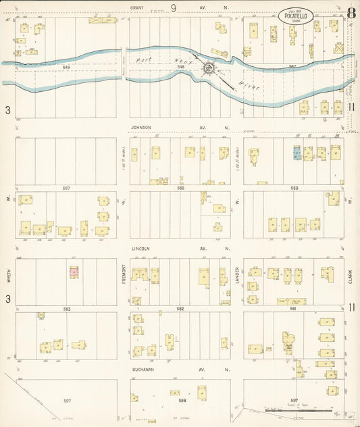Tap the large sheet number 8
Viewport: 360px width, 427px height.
pyautogui.click(x=351, y=12)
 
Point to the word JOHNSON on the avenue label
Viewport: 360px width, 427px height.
pyautogui.click(x=141, y=127)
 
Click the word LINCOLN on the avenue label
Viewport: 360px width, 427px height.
pyautogui.click(x=140, y=248)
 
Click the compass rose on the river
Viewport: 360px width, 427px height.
pyautogui.click(x=210, y=68)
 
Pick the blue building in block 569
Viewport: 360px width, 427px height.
pyautogui.click(x=296, y=153)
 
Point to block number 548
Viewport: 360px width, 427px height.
pyautogui.click(x=180, y=68)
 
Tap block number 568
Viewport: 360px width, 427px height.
pyautogui.click(x=180, y=188)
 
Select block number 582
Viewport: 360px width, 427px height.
pyautogui.click(x=180, y=308)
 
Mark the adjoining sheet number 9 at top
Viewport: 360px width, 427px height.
pyautogui.click(x=174, y=8)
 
